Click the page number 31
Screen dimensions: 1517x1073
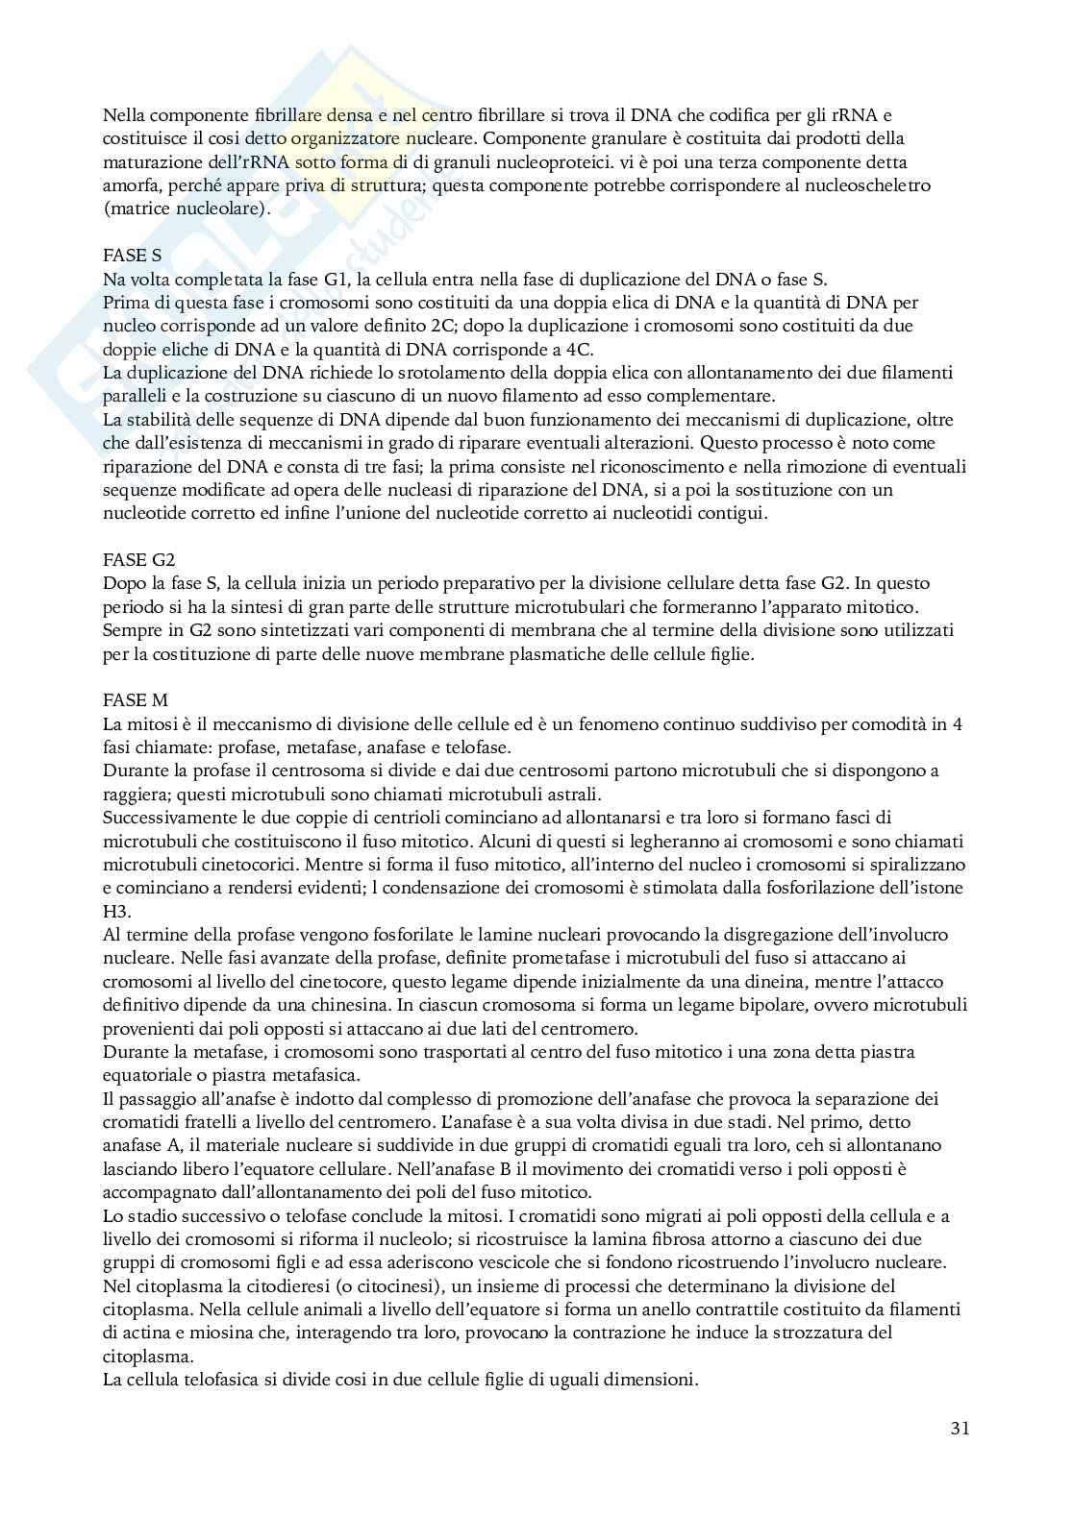click(959, 1428)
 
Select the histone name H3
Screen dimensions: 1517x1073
click(115, 911)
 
